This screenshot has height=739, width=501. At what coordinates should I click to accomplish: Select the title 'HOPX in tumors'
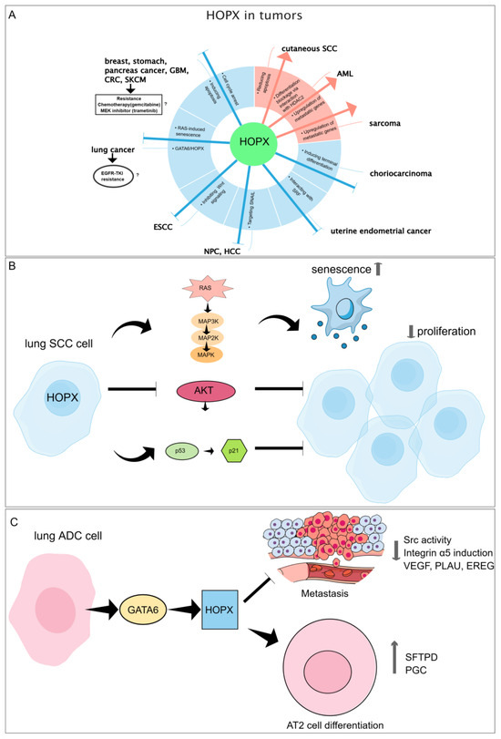pos(250,18)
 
